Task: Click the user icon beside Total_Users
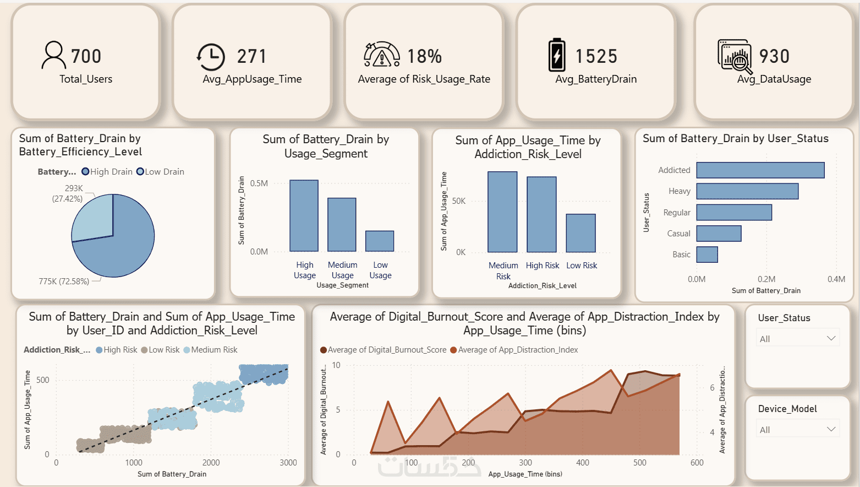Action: (x=53, y=55)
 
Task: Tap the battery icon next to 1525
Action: (x=556, y=55)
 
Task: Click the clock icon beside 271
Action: (x=211, y=57)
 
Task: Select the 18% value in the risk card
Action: (x=424, y=56)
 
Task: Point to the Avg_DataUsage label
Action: (x=774, y=79)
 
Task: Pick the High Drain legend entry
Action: (x=107, y=172)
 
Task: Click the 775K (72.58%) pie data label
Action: (x=64, y=282)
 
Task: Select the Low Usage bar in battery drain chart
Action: (x=380, y=241)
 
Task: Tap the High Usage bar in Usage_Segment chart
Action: (x=304, y=216)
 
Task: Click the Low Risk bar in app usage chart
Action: (x=580, y=233)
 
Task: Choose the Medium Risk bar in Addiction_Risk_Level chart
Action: (x=502, y=212)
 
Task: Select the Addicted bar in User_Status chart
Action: (x=760, y=170)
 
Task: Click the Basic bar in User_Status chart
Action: (x=707, y=255)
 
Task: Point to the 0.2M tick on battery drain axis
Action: (x=766, y=279)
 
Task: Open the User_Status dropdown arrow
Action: (x=831, y=338)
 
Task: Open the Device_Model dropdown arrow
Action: (x=831, y=429)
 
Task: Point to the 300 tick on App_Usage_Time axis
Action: (x=525, y=463)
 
